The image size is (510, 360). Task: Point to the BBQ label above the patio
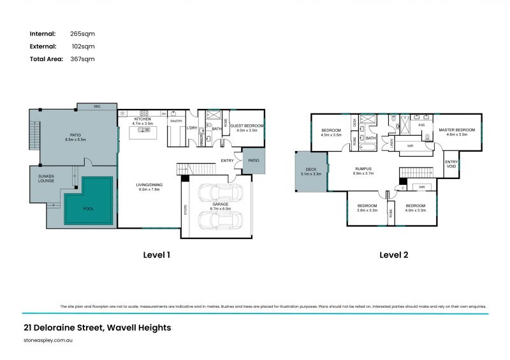tap(97, 106)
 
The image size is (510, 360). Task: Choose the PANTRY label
tap(177, 120)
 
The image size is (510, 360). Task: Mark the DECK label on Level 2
tap(309, 169)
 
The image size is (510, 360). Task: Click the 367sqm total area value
tap(82, 59)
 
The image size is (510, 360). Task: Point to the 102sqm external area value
tap(83, 46)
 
